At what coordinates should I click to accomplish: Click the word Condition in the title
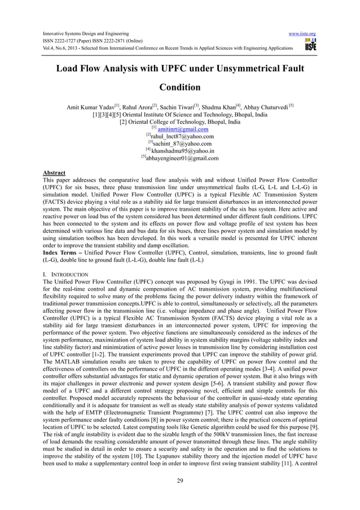179,88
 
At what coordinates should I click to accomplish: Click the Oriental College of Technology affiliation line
180,121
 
